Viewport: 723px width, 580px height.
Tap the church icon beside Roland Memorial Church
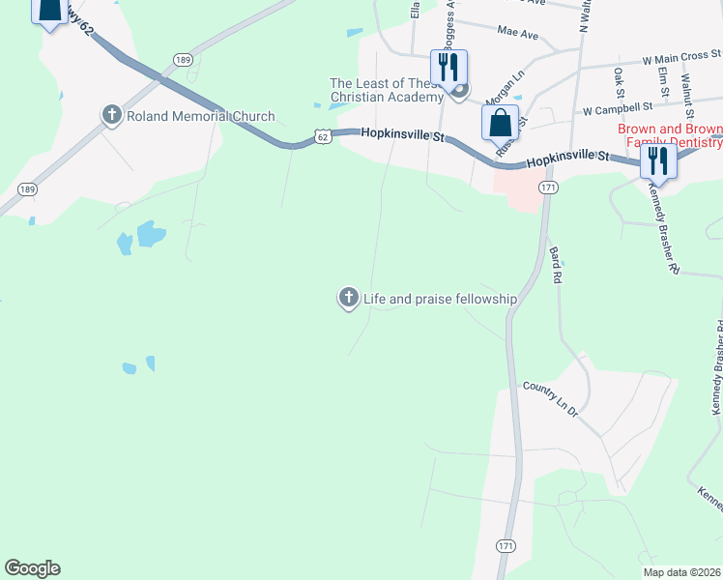[x=111, y=116]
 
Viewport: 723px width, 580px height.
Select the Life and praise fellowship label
[x=440, y=300]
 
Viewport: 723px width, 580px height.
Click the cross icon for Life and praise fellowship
[x=348, y=299]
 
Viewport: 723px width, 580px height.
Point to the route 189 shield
[x=183, y=60]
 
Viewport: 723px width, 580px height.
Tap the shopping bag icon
[x=500, y=124]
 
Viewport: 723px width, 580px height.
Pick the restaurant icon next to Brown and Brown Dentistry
[x=657, y=159]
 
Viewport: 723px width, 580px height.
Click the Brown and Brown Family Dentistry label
[x=670, y=136]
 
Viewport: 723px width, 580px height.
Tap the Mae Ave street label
[x=517, y=34]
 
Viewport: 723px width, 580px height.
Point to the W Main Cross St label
[x=681, y=57]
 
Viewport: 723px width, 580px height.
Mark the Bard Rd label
[x=556, y=264]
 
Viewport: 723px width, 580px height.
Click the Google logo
[x=32, y=568]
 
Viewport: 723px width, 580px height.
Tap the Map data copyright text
[x=682, y=572]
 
